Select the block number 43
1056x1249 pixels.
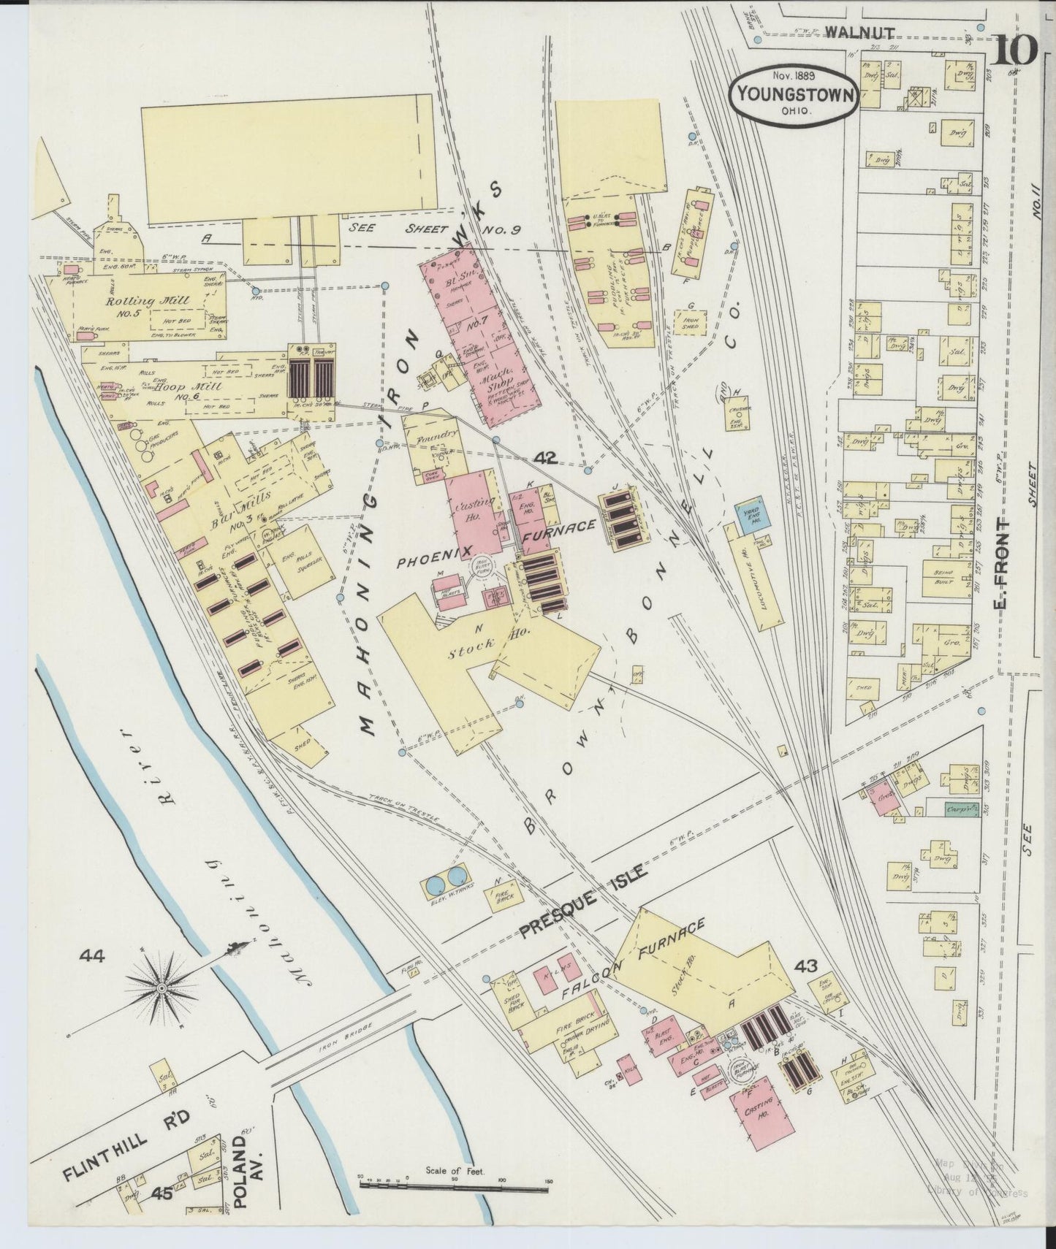click(x=806, y=966)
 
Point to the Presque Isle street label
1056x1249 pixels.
click(x=581, y=901)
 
